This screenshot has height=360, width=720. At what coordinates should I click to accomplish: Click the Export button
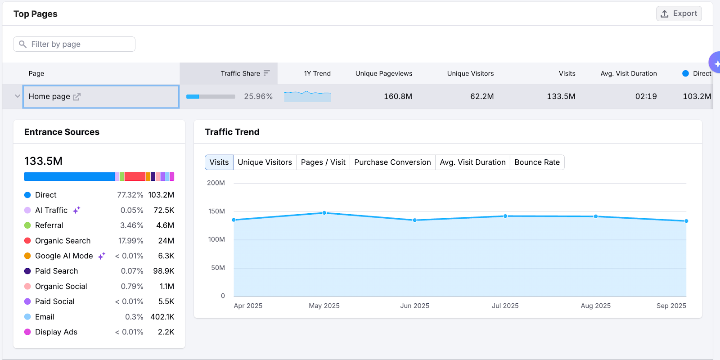(679, 13)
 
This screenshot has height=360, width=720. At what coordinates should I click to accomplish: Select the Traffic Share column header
(240, 73)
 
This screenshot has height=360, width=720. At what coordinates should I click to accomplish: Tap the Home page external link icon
(77, 96)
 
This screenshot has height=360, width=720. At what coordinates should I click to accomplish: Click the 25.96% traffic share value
(258, 96)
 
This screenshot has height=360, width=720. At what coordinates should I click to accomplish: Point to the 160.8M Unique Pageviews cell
(398, 96)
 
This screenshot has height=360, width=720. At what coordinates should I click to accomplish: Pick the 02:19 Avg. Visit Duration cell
(646, 96)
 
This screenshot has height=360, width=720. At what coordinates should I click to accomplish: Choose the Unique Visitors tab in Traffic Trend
(265, 162)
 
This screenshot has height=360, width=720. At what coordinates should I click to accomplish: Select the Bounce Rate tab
(537, 162)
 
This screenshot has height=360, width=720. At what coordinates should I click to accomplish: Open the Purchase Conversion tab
(392, 162)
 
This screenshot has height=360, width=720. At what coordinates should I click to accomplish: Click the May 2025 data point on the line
(324, 213)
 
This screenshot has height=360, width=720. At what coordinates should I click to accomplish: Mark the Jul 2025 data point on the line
(505, 216)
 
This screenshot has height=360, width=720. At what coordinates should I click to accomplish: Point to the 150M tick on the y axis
(216, 211)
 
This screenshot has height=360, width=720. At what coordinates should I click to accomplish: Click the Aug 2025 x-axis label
(595, 306)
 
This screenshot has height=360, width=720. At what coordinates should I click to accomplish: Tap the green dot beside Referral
(27, 225)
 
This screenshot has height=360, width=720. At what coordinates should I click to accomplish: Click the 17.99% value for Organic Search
(131, 241)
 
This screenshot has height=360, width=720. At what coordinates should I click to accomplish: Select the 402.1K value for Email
(162, 317)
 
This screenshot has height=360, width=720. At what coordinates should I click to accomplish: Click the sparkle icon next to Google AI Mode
(102, 256)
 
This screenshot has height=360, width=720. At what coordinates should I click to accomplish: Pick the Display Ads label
(56, 332)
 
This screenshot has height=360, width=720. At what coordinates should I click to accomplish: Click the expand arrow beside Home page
(18, 96)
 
